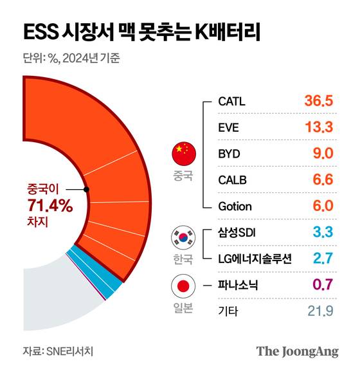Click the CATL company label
click(x=232, y=101)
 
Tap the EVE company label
click(x=228, y=127)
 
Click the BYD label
click(x=229, y=154)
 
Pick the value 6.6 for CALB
click(x=321, y=180)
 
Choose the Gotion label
click(x=235, y=206)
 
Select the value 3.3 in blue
click(x=321, y=233)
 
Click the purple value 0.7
click(x=321, y=286)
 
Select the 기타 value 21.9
click(x=319, y=312)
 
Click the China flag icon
click(x=183, y=154)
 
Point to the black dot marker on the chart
click(x=86, y=190)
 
